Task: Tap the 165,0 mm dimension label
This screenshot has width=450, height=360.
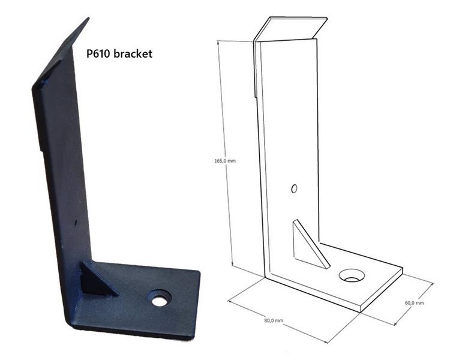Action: [x=225, y=161]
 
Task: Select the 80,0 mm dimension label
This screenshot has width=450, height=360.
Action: [x=274, y=320]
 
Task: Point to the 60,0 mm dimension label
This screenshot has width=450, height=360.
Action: [x=414, y=302]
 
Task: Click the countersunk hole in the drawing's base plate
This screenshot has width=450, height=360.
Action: [x=352, y=275]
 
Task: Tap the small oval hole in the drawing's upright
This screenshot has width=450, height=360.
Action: [x=294, y=188]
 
